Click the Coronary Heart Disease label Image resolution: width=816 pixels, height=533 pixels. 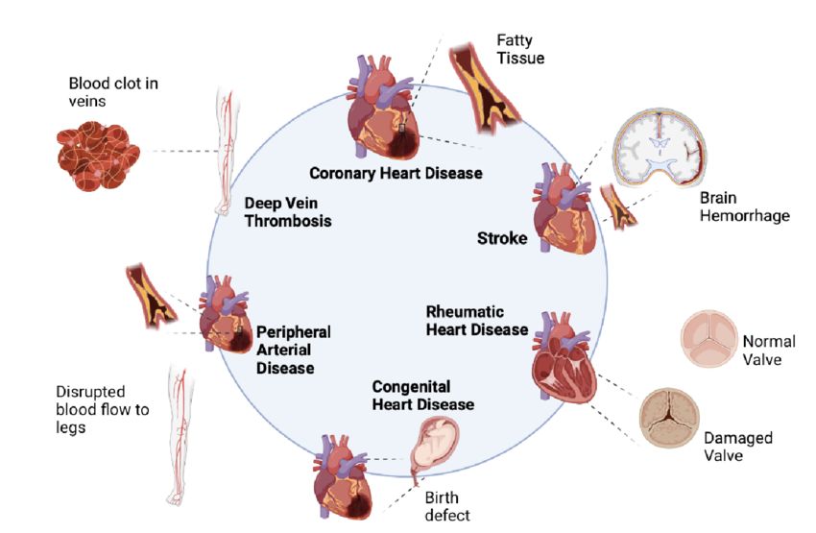point(395,174)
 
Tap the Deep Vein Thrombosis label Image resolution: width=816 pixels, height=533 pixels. point(287,212)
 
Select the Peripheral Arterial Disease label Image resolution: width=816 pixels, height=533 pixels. point(293,349)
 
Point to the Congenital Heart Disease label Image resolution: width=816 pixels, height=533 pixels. point(422,395)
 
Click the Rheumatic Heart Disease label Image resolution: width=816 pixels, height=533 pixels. point(477,321)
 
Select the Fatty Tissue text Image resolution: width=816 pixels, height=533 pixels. point(520,49)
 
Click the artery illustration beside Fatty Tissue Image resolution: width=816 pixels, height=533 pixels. point(485,87)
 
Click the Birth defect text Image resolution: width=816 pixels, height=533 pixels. point(447,505)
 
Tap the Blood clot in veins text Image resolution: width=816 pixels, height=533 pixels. point(113,92)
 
